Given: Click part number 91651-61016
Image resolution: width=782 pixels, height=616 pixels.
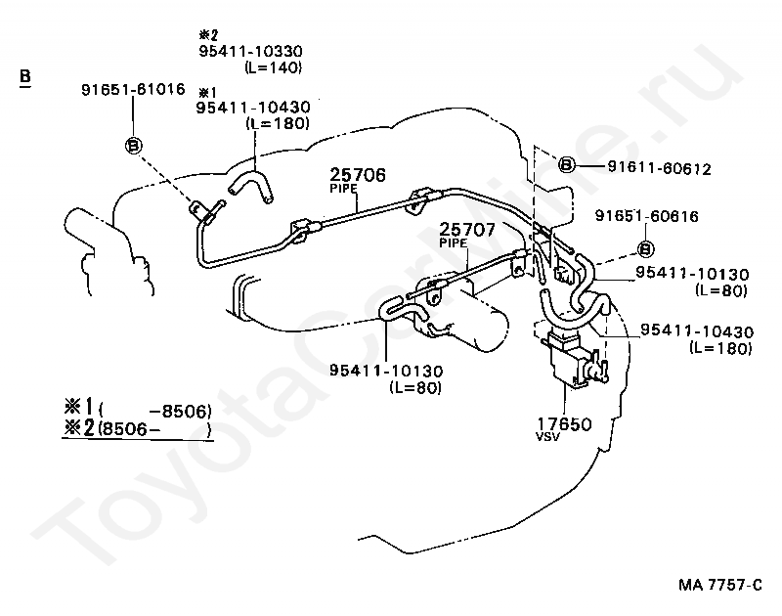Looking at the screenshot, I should pos(132,89).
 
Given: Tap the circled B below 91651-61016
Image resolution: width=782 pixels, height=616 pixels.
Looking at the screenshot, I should pos(133,146).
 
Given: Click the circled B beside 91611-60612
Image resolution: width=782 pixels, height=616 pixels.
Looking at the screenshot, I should pos(566,165).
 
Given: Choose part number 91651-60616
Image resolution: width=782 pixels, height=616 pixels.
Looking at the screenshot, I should pos(646,216).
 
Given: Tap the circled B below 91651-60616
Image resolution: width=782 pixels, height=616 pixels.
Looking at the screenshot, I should pos(645,248).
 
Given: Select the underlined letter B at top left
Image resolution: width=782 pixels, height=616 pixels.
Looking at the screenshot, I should pos(24,75).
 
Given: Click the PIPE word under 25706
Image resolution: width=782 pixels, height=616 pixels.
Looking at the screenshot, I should pos(342,190).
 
